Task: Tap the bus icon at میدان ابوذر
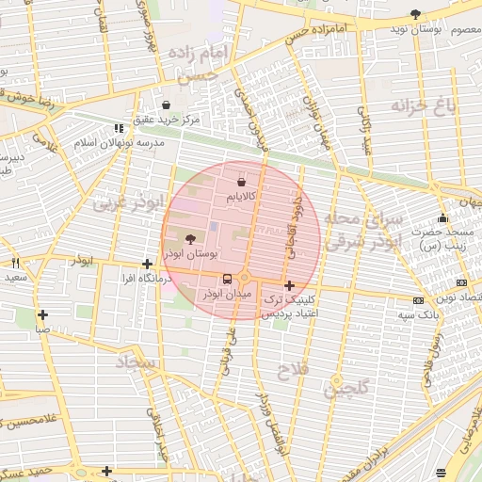click(x=226, y=280)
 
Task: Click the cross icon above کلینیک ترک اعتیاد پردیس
click(x=288, y=284)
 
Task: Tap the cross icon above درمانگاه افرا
click(x=147, y=265)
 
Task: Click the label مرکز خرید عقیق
click(x=166, y=120)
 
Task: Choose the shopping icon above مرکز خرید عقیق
click(x=167, y=104)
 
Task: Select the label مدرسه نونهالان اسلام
click(x=120, y=142)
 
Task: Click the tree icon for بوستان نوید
click(x=416, y=13)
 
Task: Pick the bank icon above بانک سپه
click(x=417, y=300)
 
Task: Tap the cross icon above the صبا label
click(x=42, y=314)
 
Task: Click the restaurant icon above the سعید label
click(x=15, y=264)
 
